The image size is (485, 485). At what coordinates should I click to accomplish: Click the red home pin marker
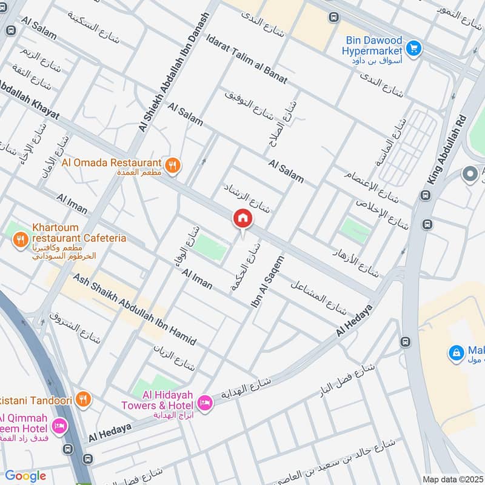242,219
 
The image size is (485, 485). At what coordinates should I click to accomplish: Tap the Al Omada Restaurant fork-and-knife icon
173,165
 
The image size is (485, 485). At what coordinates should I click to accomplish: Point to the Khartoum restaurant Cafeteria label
79,233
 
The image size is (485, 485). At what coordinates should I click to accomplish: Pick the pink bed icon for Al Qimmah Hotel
59,426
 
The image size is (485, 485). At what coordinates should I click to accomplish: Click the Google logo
25,476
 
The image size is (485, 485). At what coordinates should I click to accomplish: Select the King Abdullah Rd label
448,149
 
